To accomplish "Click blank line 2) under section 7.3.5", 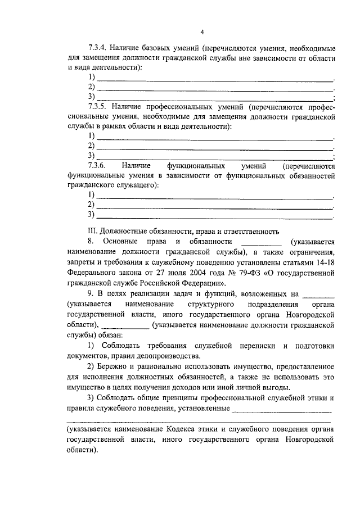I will [x=215, y=146].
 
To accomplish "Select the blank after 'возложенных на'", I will [x=318, y=294].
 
